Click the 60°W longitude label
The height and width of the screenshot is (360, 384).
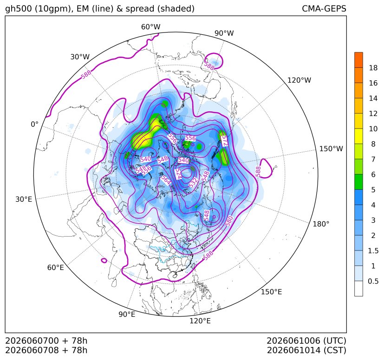pos(150,27)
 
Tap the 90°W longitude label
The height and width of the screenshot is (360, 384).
pos(224,33)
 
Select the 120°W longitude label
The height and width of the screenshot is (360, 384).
pos(299,80)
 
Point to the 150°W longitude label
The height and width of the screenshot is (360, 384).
pos(331,148)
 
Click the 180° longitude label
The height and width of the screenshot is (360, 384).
pos(321,224)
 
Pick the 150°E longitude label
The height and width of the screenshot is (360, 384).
pos(271,292)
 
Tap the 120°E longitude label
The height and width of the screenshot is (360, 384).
pos(200,321)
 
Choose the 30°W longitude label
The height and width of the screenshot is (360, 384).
pos(80,57)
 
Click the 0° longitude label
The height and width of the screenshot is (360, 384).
pos(35,124)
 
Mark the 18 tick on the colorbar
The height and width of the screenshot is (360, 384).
pos(373,68)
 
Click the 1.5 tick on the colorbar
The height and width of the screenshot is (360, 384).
pos(373,251)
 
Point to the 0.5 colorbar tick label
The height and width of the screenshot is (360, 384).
pos(373,281)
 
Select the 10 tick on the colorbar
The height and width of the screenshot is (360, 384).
pos(373,129)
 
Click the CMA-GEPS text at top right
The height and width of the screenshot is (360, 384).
pos(324,9)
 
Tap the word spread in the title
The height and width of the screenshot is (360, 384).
pos(140,9)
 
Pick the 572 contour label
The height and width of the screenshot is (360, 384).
pos(225,141)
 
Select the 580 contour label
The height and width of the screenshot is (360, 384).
pos(229,221)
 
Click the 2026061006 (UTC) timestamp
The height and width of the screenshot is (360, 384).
pos(306,341)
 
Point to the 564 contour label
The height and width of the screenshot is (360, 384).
pos(166,180)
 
